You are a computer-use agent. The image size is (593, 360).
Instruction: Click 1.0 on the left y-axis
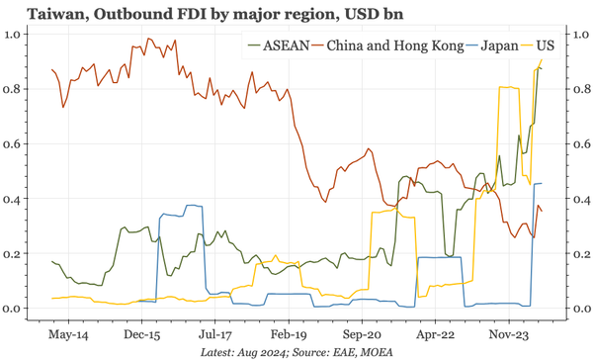[x=15, y=35]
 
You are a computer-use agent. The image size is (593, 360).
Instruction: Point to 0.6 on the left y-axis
[x=15, y=144]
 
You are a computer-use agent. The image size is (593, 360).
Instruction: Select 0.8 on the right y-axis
[x=580, y=89]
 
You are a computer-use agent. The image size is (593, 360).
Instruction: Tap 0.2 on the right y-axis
[x=580, y=254]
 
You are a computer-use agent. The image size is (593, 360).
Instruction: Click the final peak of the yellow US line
[x=542, y=60]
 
